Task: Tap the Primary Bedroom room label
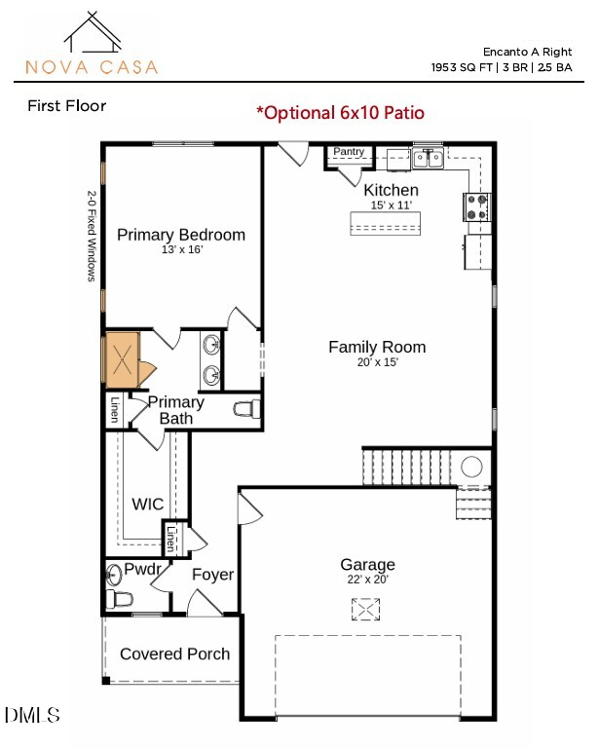pyautogui.click(x=181, y=235)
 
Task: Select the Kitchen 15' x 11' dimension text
pyautogui.click(x=391, y=206)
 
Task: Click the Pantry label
pyautogui.click(x=349, y=152)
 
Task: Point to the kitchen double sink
pyautogui.click(x=428, y=159)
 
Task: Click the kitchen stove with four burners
pyautogui.click(x=476, y=206)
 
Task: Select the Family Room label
pyautogui.click(x=377, y=347)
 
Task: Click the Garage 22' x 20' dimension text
pyautogui.click(x=367, y=580)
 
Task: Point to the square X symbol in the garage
pyautogui.click(x=366, y=610)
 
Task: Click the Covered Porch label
pyautogui.click(x=175, y=654)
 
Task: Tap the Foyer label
pyautogui.click(x=212, y=575)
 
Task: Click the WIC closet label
pyautogui.click(x=148, y=504)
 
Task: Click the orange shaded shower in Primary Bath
pyautogui.click(x=123, y=357)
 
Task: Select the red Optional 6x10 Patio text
pyautogui.click(x=340, y=112)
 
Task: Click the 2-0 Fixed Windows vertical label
pyautogui.click(x=92, y=236)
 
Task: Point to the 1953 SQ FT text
pyautogui.click(x=463, y=68)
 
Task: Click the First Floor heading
pyautogui.click(x=66, y=105)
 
